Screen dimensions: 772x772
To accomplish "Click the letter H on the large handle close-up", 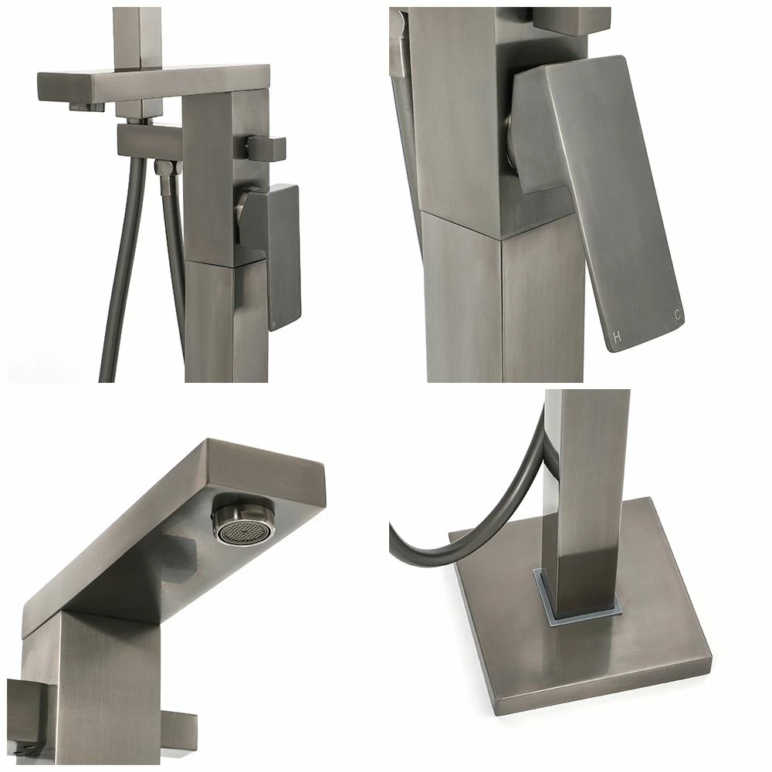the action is tap(616, 337).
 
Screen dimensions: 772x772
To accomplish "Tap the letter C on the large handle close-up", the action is tap(679, 315).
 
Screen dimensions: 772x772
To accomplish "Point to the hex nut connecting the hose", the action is tap(164, 167).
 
